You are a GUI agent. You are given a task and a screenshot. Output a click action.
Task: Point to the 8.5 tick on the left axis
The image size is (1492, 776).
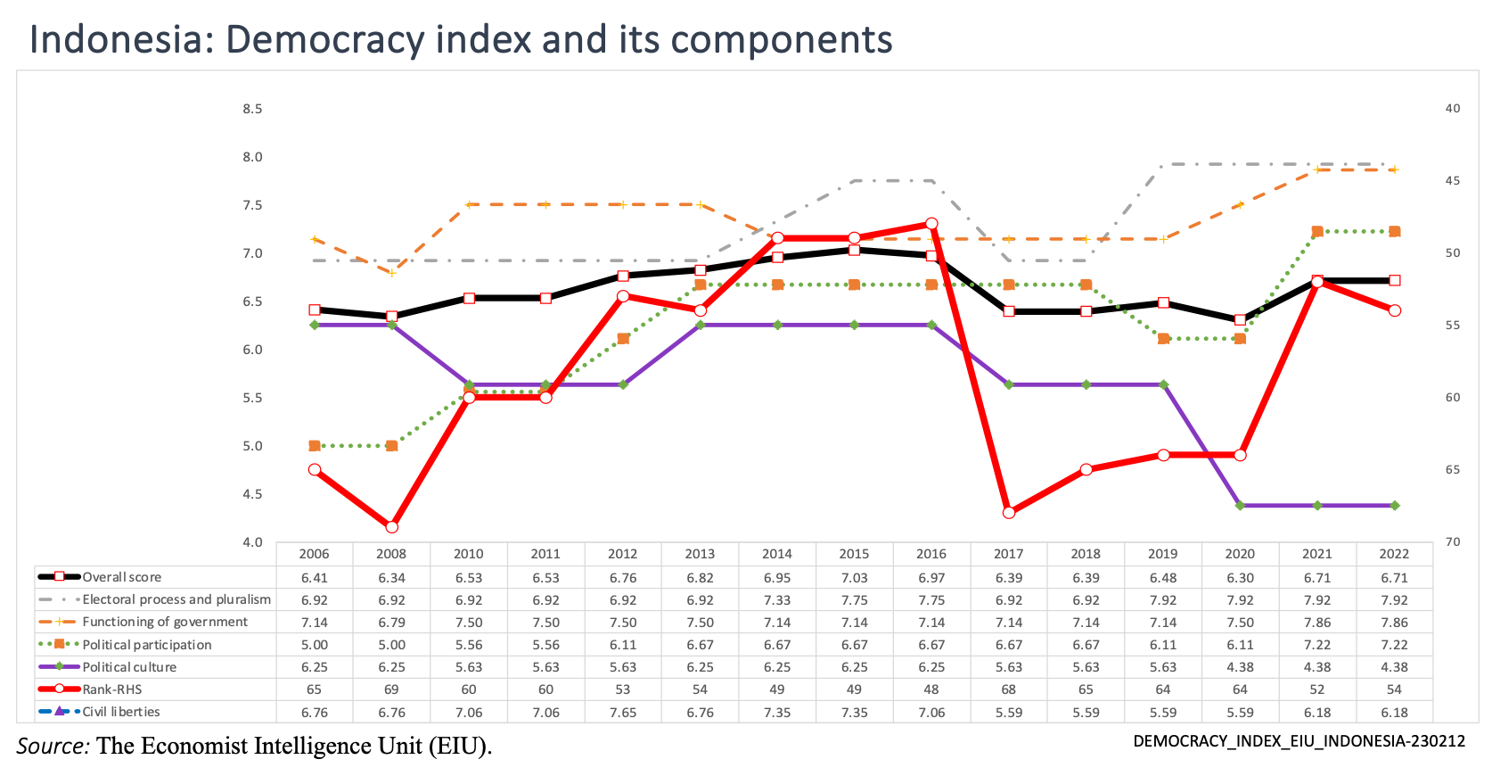click(x=252, y=109)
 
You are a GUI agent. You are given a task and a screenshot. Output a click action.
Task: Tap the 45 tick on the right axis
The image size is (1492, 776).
click(x=1453, y=181)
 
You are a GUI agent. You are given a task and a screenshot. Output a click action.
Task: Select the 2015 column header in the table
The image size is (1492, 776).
click(x=854, y=554)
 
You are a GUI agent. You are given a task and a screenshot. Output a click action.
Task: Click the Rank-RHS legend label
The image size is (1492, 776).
click(x=112, y=689)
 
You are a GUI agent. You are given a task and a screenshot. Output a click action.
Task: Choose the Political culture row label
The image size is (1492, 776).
click(x=129, y=667)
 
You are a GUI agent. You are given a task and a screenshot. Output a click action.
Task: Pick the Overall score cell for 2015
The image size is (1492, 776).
click(x=854, y=578)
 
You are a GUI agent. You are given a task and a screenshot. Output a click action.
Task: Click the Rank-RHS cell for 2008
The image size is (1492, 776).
click(x=391, y=689)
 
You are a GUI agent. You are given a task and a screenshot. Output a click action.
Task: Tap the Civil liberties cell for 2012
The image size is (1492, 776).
click(x=623, y=713)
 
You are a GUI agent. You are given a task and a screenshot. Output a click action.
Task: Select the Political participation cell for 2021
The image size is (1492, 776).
click(x=1317, y=645)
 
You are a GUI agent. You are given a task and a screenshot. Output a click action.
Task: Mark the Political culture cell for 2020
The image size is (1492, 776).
click(x=1240, y=667)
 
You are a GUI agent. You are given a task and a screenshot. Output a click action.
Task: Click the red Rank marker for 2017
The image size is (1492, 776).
click(x=1009, y=513)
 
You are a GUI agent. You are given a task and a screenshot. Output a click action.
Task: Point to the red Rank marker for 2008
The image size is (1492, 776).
click(x=391, y=527)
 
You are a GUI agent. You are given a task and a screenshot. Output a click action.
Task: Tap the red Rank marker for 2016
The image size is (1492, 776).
click(x=931, y=224)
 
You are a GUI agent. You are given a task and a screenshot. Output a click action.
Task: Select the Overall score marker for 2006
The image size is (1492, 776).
click(x=315, y=310)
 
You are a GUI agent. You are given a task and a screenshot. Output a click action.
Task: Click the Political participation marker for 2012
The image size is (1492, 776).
click(x=623, y=339)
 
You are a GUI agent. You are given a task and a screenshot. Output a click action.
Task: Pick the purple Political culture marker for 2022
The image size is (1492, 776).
click(x=1395, y=506)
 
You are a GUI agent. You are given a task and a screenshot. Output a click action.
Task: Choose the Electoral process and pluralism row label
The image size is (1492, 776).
click(x=176, y=599)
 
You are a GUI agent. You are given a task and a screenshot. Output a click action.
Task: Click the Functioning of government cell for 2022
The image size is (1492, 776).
click(x=1394, y=623)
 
